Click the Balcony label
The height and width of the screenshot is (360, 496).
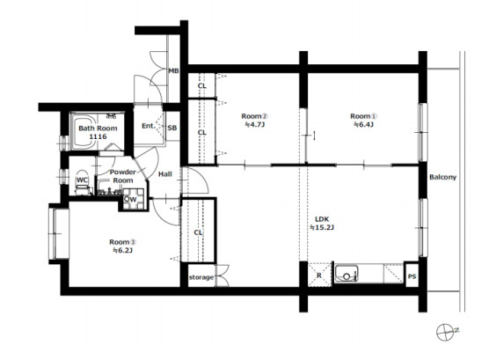[442, 177]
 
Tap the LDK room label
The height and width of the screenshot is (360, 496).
[322, 219]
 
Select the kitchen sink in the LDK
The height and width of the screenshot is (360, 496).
[346, 274]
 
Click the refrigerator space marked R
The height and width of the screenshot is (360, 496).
[319, 276]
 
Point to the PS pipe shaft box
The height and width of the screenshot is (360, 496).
[412, 276]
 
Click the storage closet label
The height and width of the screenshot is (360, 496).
[201, 277]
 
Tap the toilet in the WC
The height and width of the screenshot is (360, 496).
[83, 187]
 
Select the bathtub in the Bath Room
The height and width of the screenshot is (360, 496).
[84, 131]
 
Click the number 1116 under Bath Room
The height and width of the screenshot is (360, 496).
[98, 136]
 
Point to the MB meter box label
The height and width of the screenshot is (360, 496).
[173, 71]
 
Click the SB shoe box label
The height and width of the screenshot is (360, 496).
[172, 128]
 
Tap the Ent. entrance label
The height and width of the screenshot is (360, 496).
[149, 126]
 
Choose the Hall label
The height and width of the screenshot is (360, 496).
[165, 173]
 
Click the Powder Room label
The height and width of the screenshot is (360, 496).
[123, 176]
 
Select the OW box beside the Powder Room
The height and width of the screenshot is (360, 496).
[133, 199]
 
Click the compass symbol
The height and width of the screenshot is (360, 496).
[444, 332]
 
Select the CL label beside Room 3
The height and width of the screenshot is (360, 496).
[199, 232]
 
